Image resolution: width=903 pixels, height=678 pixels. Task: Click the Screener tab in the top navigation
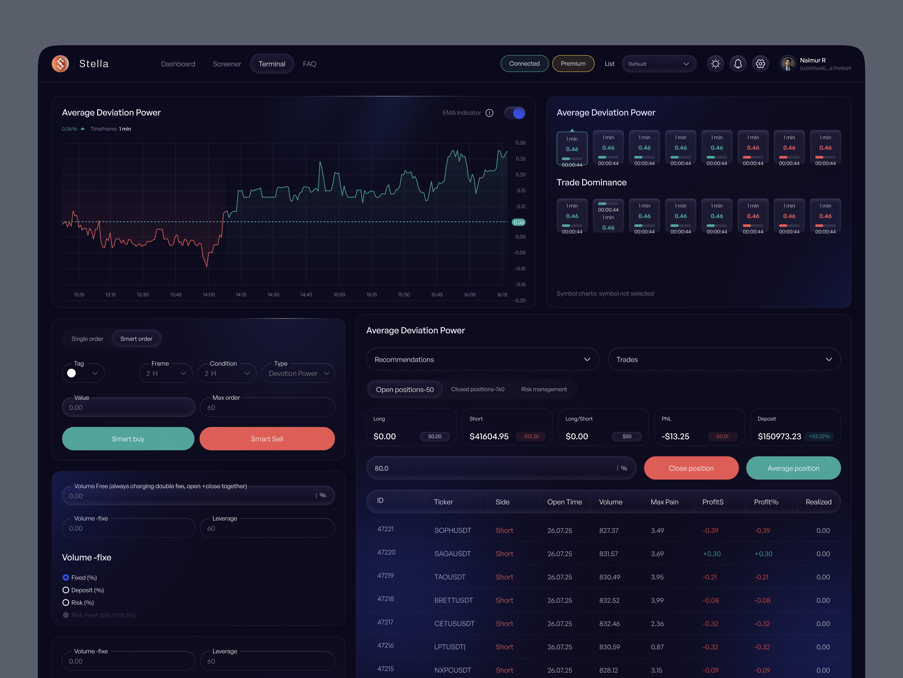[227, 64]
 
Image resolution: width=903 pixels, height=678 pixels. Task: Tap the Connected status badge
[524, 64]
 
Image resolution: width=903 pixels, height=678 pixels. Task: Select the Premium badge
[573, 64]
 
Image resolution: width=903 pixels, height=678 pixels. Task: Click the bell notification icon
[738, 64]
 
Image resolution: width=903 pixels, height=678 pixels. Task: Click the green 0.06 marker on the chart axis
[518, 222]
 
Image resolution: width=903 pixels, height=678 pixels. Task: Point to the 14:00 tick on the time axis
[209, 295]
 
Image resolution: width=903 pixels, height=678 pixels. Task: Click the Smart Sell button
[267, 438]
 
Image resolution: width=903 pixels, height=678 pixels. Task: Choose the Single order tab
[87, 339]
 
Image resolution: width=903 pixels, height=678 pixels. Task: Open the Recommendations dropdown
[482, 359]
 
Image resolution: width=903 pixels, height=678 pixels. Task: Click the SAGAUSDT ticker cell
[452, 554]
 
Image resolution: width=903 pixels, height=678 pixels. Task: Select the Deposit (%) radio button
[66, 590]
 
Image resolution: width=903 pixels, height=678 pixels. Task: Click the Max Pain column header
[664, 502]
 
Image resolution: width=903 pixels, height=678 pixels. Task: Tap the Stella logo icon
[60, 64]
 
